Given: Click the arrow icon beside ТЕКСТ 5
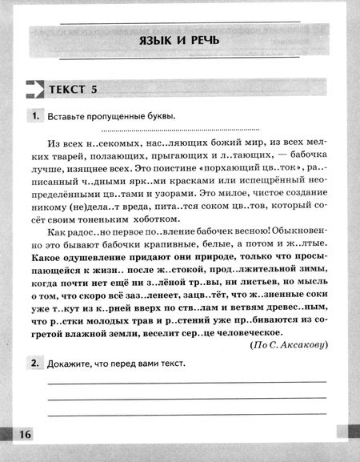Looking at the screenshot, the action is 34,89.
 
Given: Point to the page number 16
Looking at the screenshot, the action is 22,434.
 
